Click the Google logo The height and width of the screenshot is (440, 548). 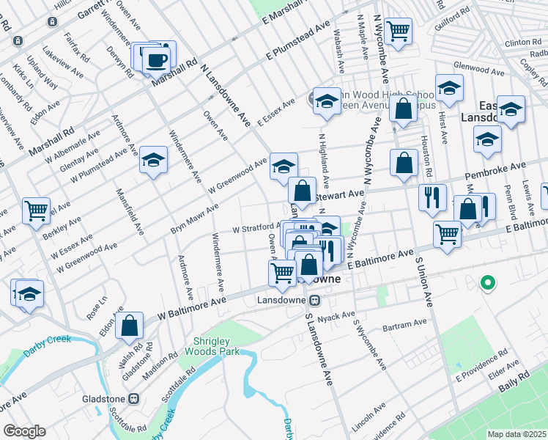pyautogui.click(x=24, y=431)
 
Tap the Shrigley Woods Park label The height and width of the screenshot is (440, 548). pyautogui.click(x=217, y=346)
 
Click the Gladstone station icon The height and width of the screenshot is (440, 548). pyautogui.click(x=133, y=398)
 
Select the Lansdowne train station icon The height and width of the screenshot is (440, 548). pyautogui.click(x=314, y=300)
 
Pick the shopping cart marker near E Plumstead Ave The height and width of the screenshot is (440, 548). pyautogui.click(x=399, y=32)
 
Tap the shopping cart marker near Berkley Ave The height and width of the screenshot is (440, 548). pyautogui.click(x=35, y=210)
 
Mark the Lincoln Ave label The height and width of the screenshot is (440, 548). pyautogui.click(x=369, y=417)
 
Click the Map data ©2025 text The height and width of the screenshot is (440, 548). pyautogui.click(x=517, y=434)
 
